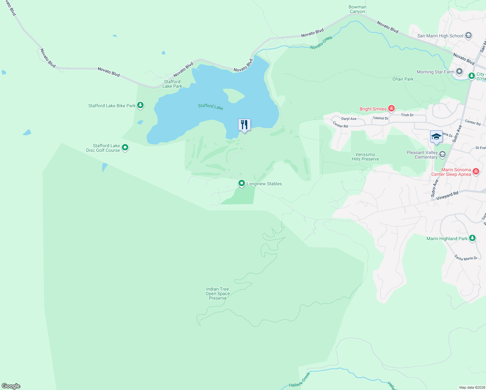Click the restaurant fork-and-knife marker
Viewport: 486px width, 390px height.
[x=244, y=125]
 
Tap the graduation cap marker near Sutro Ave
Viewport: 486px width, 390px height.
[x=436, y=136]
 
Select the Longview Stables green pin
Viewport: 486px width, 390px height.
[x=241, y=184]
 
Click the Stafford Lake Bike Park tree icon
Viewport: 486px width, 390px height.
[x=140, y=105]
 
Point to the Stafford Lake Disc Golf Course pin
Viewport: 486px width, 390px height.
[x=125, y=148]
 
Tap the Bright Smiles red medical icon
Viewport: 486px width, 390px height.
[x=391, y=109]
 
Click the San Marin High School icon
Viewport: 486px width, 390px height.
[x=468, y=35]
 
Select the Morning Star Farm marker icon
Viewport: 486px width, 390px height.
[x=459, y=71]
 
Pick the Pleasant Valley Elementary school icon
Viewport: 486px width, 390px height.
[x=442, y=154]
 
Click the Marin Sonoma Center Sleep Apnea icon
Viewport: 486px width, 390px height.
[x=476, y=171]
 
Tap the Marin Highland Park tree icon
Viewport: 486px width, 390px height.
[x=472, y=238]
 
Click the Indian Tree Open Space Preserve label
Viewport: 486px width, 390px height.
[x=218, y=293]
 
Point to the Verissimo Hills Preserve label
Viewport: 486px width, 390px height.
[x=365, y=157]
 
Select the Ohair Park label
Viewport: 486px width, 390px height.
[x=403, y=79]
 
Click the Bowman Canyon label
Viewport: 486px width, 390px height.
[x=357, y=9]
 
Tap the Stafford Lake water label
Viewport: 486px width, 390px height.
[x=211, y=107]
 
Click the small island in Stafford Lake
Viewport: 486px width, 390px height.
[x=234, y=95]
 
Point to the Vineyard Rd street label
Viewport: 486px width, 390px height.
[x=447, y=196]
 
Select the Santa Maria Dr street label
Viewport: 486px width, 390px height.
[x=466, y=258]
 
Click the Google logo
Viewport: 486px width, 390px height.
[x=11, y=386]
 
